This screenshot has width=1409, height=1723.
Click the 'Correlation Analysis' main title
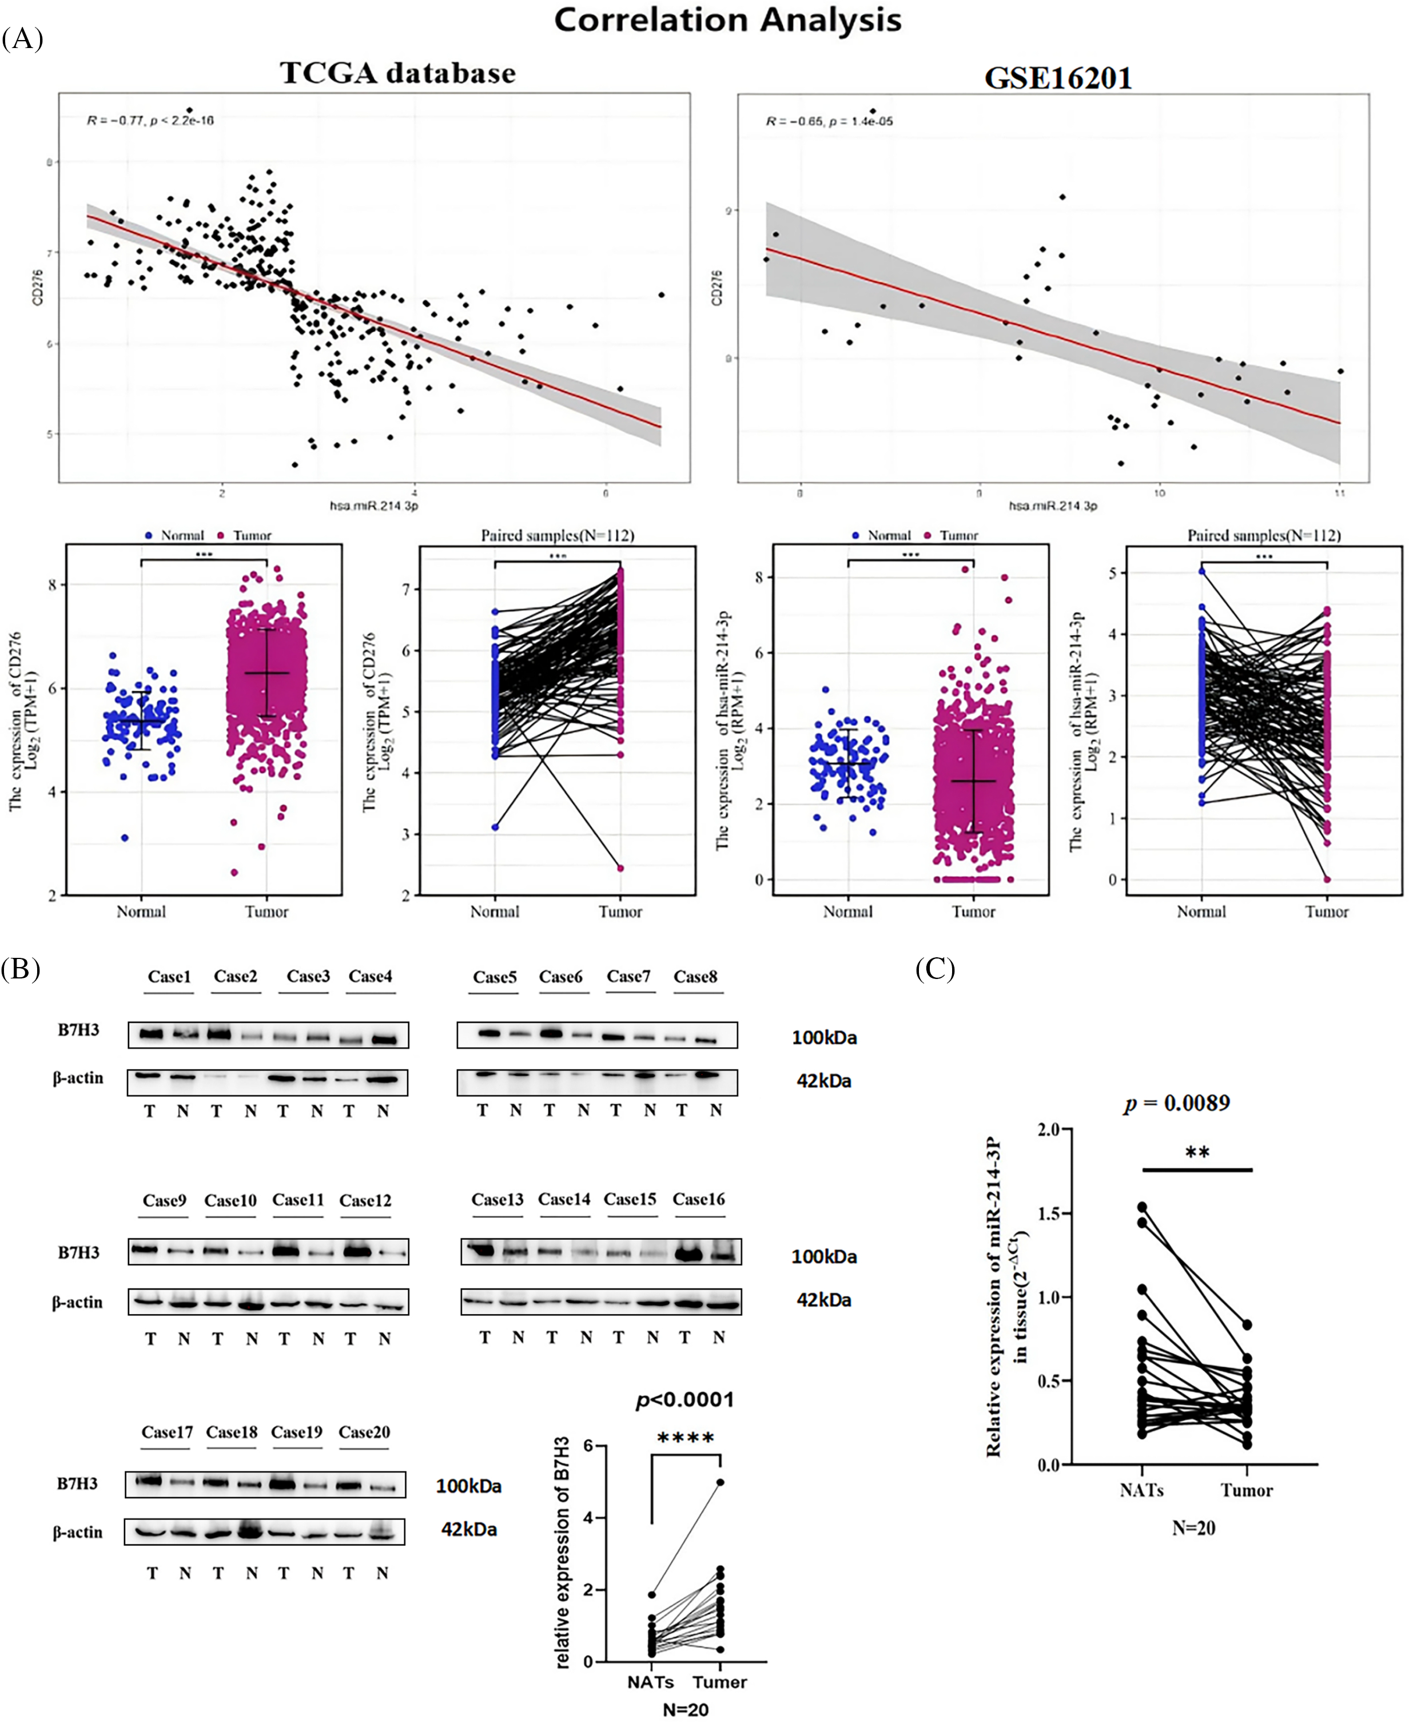pos(727,20)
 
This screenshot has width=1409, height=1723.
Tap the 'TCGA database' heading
pos(397,73)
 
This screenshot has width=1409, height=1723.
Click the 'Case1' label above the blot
pos(169,976)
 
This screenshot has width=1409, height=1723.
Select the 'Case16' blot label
pos(698,1200)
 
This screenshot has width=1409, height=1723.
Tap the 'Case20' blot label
pos(364,1432)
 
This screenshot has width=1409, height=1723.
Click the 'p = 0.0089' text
pos(1177,1103)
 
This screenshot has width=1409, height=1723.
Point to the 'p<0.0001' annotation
pos(684,1400)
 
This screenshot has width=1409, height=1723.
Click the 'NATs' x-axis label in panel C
pos(1141,1490)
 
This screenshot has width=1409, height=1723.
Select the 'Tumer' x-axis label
pos(719,1682)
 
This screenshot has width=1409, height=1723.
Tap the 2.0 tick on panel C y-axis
pos(1049,1129)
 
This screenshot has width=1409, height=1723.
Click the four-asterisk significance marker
pos(686,1438)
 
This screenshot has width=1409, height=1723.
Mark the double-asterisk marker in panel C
pos(1197,1152)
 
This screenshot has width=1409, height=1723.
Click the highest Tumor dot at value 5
pos(720,1482)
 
